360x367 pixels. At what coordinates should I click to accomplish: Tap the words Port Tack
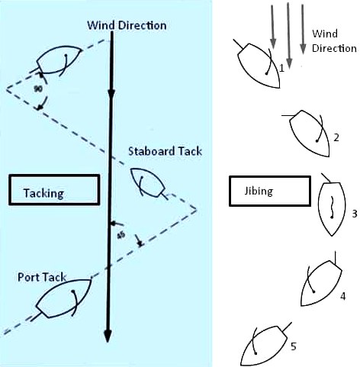42,277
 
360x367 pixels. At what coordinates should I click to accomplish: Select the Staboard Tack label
166,151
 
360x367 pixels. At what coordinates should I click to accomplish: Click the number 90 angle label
38,89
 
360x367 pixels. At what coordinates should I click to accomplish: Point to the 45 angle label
121,235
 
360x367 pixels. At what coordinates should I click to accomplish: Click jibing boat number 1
257,65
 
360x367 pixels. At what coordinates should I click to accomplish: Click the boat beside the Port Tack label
63,299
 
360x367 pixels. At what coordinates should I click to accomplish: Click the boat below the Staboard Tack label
147,183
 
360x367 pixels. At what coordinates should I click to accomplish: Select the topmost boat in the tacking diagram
57,60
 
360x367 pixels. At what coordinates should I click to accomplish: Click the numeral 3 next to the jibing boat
355,214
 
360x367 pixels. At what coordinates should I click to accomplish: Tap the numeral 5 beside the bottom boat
294,346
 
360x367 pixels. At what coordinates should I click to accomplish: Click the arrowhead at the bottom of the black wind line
108,336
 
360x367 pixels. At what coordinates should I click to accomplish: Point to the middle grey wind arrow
288,36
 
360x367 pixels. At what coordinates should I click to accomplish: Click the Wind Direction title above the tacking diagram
127,25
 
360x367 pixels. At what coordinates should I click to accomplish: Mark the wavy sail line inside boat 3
332,208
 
